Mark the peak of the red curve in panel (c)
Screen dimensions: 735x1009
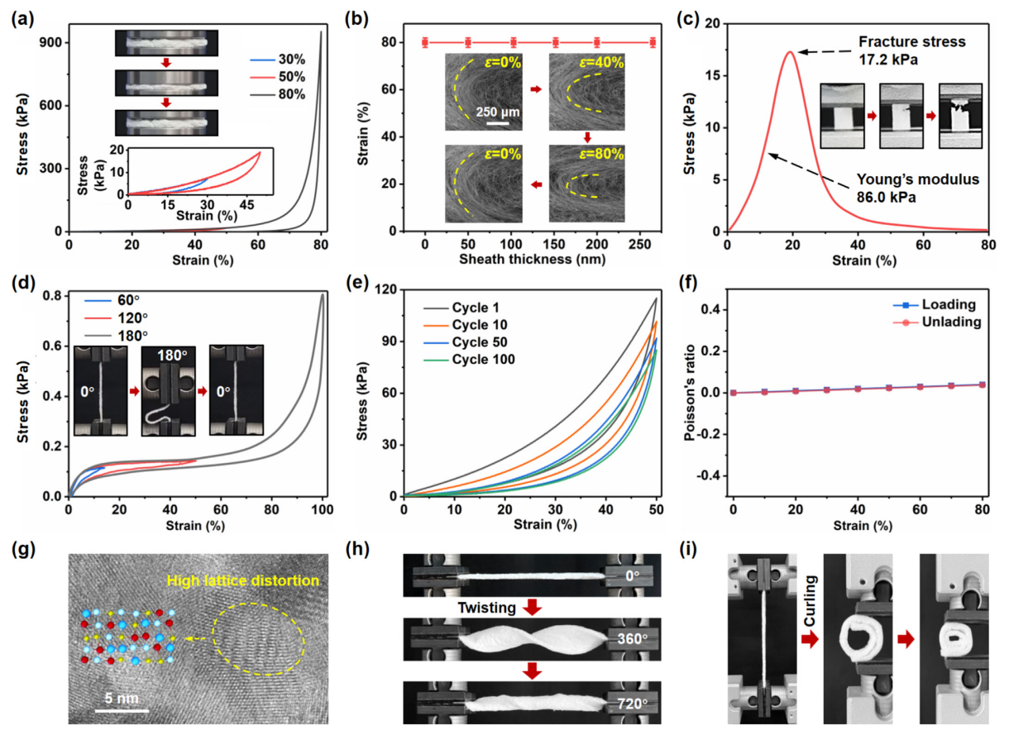click(790, 52)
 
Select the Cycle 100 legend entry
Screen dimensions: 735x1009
click(490, 359)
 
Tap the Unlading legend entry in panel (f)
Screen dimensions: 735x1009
click(953, 322)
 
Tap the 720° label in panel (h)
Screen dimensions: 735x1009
click(631, 704)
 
